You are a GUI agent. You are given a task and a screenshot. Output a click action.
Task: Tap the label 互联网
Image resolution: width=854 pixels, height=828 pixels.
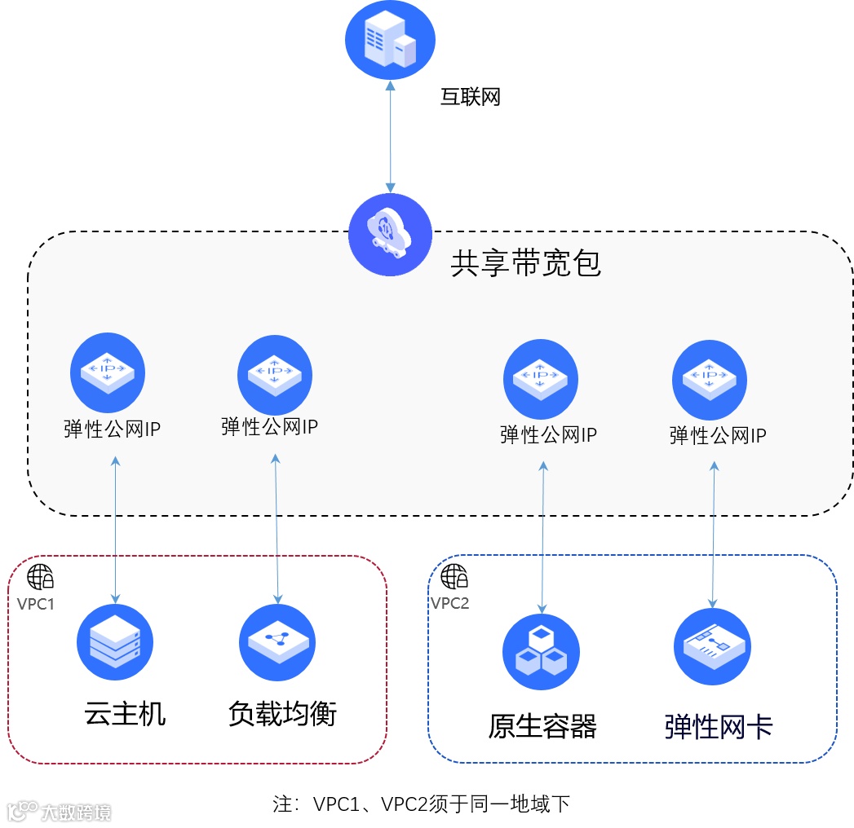(470, 98)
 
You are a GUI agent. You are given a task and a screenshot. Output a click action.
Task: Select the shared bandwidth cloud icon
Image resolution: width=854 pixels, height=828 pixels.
(390, 235)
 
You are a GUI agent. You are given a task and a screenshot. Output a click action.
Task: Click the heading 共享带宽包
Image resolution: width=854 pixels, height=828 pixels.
(525, 262)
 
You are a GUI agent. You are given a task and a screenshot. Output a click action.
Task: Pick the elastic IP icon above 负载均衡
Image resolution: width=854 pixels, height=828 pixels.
(275, 373)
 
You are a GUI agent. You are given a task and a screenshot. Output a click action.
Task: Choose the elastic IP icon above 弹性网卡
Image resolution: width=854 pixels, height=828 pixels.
(709, 379)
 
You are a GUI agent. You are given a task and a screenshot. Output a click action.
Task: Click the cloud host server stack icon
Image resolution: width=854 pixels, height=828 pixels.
(115, 643)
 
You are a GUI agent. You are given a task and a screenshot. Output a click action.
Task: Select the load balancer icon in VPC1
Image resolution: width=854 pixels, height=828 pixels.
(277, 643)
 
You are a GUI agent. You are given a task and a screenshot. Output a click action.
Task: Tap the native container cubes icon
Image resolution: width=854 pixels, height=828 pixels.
(542, 652)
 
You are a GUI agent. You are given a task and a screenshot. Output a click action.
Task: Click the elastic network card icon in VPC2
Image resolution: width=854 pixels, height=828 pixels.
(712, 646)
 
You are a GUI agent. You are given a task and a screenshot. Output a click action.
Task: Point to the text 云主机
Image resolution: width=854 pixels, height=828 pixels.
(125, 714)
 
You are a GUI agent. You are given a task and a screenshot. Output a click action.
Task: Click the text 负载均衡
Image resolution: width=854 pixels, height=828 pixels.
(282, 714)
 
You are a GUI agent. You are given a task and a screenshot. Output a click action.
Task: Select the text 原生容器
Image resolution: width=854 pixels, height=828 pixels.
(542, 725)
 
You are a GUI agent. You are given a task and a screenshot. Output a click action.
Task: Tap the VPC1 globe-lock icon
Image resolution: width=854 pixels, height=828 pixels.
(41, 577)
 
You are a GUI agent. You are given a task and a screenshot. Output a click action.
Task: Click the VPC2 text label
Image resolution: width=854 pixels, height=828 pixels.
(450, 604)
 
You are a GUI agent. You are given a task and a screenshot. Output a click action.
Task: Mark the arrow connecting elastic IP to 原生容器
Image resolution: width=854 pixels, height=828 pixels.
(542, 538)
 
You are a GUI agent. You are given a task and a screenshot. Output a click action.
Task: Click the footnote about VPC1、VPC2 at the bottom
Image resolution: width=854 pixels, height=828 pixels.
(421, 804)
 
